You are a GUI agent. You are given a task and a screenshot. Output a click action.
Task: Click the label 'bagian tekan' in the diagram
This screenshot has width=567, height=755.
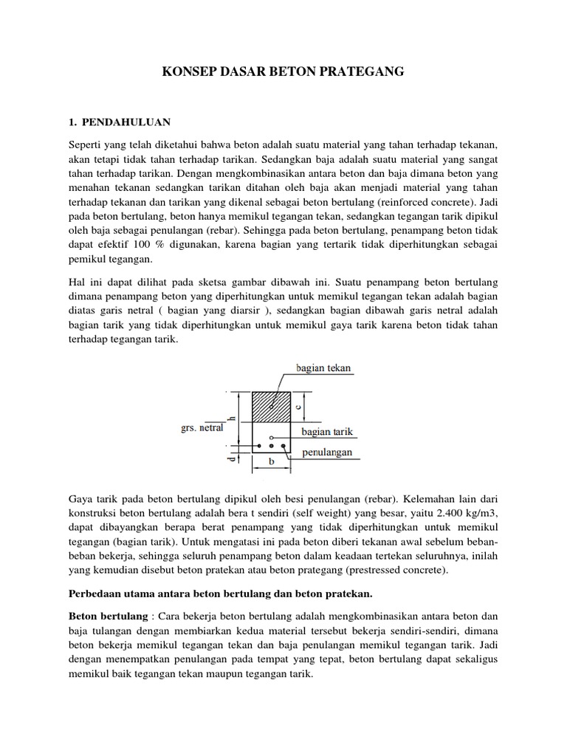323,367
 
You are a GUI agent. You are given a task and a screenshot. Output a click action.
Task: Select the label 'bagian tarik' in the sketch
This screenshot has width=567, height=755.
326,431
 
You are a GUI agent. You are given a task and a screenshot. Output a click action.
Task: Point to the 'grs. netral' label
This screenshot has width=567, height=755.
202,428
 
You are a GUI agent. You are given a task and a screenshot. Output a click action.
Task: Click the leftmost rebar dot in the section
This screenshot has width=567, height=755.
258,446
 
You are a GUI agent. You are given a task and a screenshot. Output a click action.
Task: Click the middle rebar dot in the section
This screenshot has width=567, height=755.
272,446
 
